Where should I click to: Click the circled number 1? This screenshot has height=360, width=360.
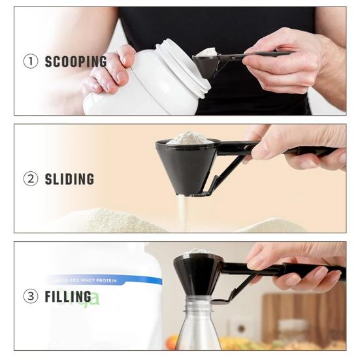click(31, 62)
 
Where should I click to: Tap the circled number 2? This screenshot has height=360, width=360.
click(31, 179)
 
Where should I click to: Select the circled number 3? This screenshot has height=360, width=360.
click(31, 296)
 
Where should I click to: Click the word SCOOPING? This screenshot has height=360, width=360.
click(76, 62)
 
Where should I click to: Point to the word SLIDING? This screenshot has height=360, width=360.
click(69, 179)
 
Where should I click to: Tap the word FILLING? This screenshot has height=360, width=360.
click(67, 296)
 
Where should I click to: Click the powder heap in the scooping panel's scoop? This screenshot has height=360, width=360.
click(206, 52)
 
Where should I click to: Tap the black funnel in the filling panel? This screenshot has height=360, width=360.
click(197, 269)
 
